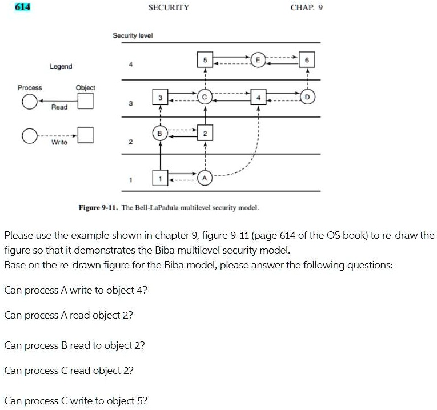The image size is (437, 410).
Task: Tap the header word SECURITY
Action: tap(169, 7)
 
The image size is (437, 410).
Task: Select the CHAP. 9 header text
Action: tap(307, 7)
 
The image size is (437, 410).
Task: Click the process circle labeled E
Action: tap(258, 59)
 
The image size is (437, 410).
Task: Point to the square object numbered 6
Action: tap(307, 59)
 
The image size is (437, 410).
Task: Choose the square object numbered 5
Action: tap(205, 59)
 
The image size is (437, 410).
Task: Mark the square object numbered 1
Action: tap(161, 178)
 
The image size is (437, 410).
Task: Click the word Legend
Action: tap(61, 66)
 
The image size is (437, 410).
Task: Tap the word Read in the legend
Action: tap(59, 107)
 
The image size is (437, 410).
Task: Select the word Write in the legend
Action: tap(59, 142)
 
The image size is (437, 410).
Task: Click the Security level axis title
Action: tap(133, 35)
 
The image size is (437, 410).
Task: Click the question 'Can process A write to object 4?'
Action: tap(75, 290)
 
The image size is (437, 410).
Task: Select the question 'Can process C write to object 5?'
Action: tap(75, 400)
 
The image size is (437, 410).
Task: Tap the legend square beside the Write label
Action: tap(85, 135)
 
